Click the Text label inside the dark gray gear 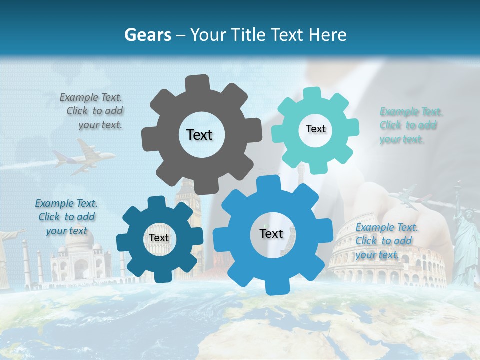click(199, 135)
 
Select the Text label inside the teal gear click(315, 129)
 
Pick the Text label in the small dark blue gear click(159, 238)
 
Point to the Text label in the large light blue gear click(271, 233)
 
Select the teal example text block click(411, 125)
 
